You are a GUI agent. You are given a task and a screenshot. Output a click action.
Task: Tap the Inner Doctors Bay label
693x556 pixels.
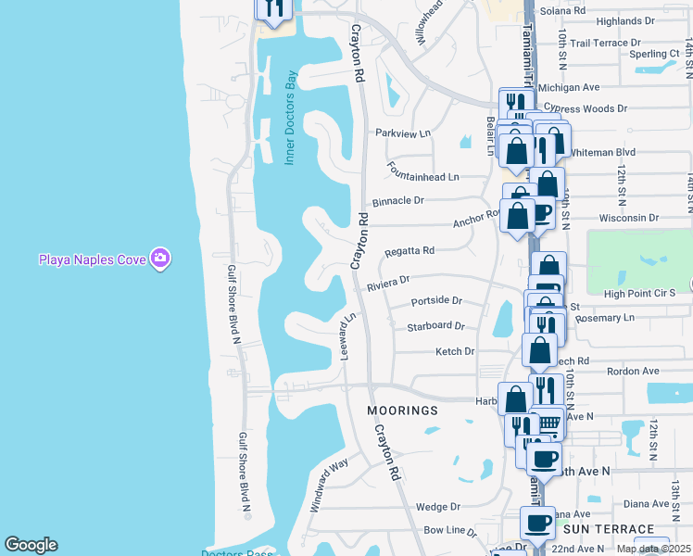point(289,119)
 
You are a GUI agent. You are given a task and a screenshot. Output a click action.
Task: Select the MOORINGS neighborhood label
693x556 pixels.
point(401,410)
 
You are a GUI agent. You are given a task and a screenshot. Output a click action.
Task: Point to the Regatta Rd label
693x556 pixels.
point(410,251)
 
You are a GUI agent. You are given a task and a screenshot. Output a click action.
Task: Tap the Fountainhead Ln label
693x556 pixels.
point(423,176)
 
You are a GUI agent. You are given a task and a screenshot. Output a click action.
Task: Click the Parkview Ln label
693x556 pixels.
point(403,133)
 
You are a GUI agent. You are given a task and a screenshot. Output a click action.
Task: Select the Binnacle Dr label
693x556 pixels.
point(398,200)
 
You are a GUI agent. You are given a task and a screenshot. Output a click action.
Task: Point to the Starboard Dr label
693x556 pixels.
point(435,326)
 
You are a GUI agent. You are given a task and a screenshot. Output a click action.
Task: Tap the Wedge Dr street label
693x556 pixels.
point(438,507)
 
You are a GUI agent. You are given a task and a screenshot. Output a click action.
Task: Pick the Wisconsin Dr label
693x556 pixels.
point(627,219)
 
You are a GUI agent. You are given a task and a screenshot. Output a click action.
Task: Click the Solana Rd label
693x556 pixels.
point(565,10)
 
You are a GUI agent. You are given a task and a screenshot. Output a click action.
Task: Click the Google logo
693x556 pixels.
point(31,545)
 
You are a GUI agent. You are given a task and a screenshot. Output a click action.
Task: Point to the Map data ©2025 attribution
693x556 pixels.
point(654,549)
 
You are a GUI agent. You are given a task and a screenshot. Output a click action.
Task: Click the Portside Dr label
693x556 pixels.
point(435,300)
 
